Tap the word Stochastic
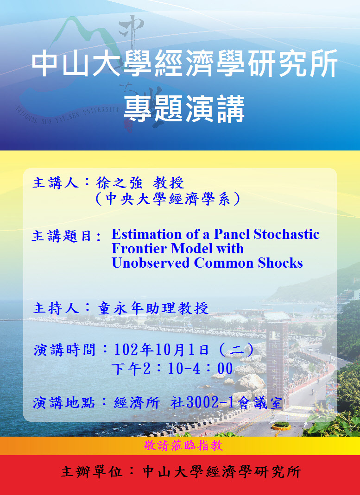[x=287, y=234]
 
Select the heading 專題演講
[x=184, y=109]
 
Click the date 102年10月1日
[x=161, y=350]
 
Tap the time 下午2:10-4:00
[x=172, y=369]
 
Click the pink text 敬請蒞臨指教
[x=183, y=445]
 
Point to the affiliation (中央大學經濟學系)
[x=168, y=199]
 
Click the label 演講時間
[x=64, y=350]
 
